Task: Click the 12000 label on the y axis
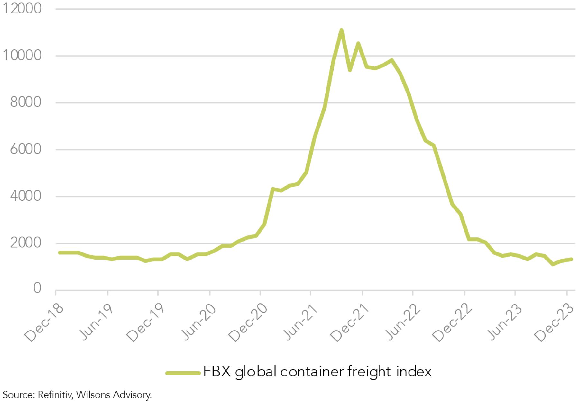pos(22,8)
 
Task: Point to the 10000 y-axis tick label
pos(22,55)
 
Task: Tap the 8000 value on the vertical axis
pos(25,102)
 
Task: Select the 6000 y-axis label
pos(25,149)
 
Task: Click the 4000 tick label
pos(25,196)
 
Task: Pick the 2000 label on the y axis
pos(25,243)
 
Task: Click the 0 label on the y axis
pos(37,288)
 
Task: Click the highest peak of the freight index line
pos(341,30)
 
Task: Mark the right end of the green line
pos(572,259)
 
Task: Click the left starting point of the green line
pos(60,252)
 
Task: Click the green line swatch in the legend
pos(183,373)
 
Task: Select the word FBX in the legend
pos(217,372)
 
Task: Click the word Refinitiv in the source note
pos(55,395)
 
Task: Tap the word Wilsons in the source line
pos(93,395)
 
